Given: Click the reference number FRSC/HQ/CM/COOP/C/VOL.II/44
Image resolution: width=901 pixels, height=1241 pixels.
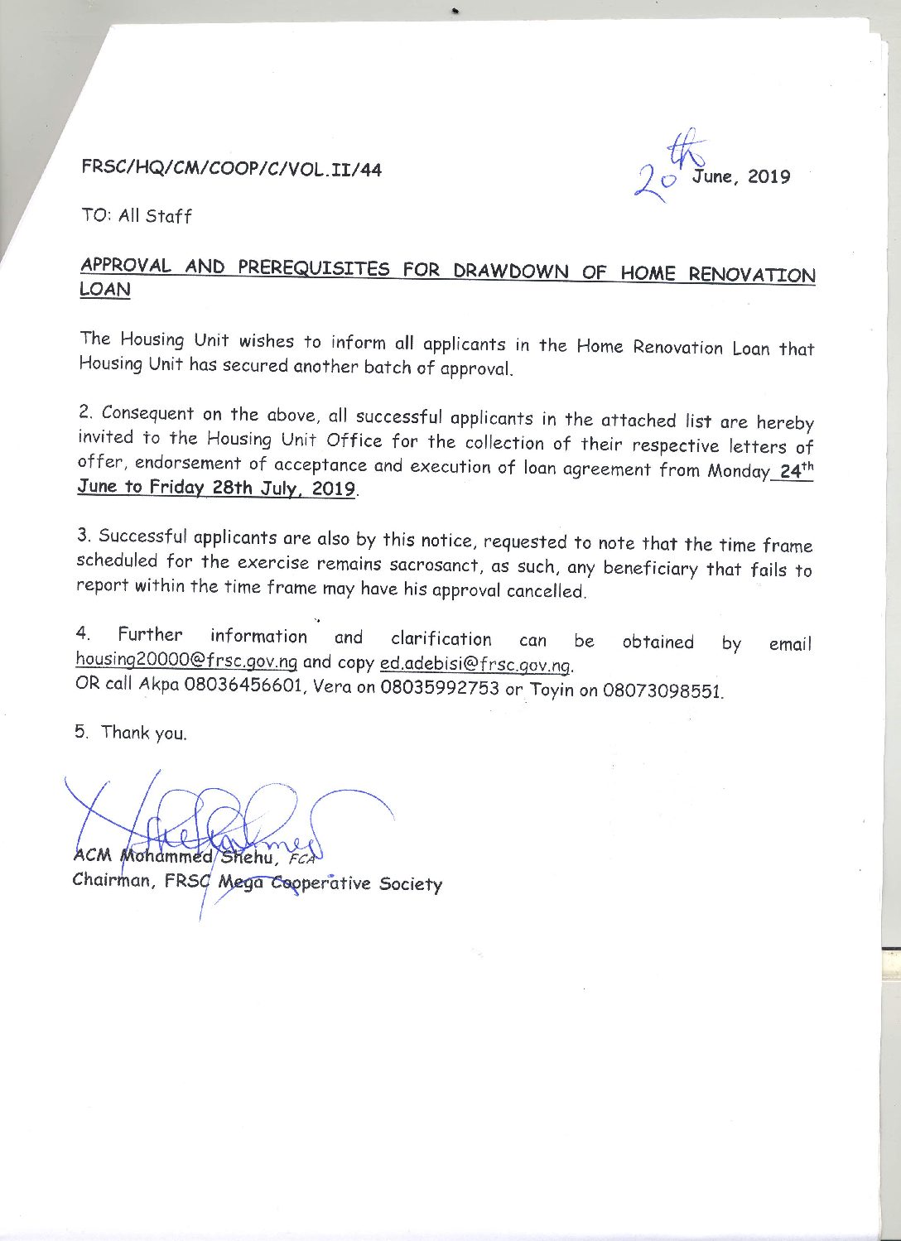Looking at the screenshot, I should (x=231, y=169).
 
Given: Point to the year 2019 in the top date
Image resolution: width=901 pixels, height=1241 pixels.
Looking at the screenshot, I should (x=768, y=176).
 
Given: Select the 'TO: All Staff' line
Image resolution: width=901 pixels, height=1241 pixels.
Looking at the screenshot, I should (x=137, y=216).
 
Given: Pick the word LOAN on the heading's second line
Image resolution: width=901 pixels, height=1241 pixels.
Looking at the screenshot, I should (x=104, y=290).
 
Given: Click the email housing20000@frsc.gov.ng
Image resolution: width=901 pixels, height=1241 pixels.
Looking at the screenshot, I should (x=186, y=661).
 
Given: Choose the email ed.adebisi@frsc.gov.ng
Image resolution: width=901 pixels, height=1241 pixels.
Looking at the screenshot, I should (x=475, y=665).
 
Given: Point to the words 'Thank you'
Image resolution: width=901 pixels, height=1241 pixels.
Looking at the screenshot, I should (x=143, y=733).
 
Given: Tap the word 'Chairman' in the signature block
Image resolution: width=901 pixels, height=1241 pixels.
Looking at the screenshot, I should (x=113, y=880).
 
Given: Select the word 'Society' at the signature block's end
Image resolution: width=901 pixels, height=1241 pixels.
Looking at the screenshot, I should (x=411, y=884).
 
